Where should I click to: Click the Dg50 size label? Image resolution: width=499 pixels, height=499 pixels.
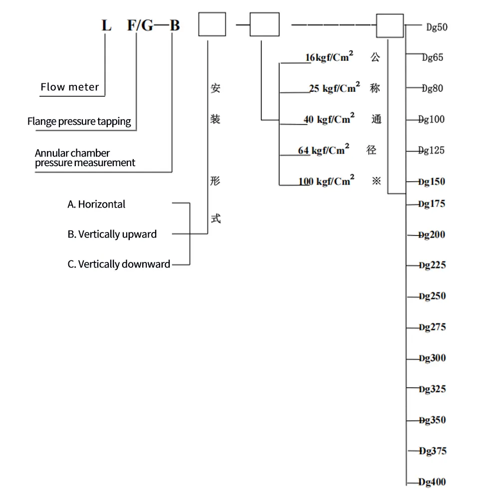pyautogui.click(x=437, y=27)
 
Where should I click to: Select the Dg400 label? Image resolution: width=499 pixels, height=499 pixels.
pyautogui.click(x=432, y=482)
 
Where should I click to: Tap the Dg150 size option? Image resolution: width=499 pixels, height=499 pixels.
pyautogui.click(x=432, y=182)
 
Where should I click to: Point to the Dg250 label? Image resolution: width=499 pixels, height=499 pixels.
pyautogui.click(x=432, y=296)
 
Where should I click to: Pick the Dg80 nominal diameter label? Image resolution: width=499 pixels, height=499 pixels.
pyautogui.click(x=432, y=88)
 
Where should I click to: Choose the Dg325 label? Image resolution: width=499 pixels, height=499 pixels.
pyautogui.click(x=432, y=389)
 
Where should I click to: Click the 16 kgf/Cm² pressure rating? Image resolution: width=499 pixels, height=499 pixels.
pyautogui.click(x=329, y=57)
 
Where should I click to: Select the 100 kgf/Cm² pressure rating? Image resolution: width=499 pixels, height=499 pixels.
pyautogui.click(x=326, y=181)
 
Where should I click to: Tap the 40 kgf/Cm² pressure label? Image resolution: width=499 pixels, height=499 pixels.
pyautogui.click(x=329, y=119)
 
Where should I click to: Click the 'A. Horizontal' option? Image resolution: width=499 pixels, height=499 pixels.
pyautogui.click(x=97, y=204)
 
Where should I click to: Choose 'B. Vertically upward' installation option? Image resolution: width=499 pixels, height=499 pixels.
pyautogui.click(x=112, y=234)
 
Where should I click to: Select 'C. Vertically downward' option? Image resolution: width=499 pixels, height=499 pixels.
pyautogui.click(x=119, y=264)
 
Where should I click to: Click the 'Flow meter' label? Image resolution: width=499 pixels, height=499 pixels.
pyautogui.click(x=70, y=87)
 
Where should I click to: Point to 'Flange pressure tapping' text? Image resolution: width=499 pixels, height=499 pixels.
pyautogui.click(x=79, y=121)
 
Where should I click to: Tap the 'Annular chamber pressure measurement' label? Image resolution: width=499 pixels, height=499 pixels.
pyautogui.click(x=85, y=158)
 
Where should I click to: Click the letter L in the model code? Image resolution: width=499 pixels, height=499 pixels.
pyautogui.click(x=106, y=25)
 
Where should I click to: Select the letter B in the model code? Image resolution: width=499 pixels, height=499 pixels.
pyautogui.click(x=174, y=25)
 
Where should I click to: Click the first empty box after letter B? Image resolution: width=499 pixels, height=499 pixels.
pyautogui.click(x=212, y=24)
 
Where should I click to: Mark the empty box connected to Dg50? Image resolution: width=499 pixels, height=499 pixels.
pyautogui.click(x=389, y=25)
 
